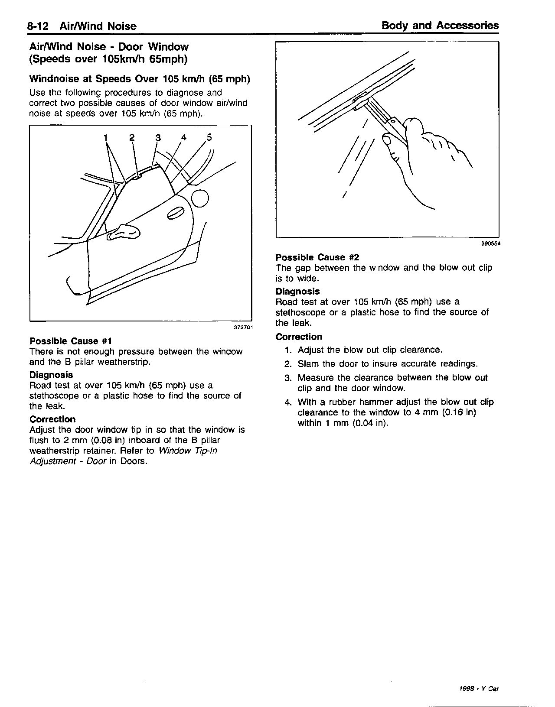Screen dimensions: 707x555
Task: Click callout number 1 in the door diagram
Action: coord(105,138)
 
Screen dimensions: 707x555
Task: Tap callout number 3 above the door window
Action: coord(158,138)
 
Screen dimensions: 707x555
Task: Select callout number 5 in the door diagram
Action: coord(209,137)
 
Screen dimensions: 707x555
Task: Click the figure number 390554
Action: coord(490,244)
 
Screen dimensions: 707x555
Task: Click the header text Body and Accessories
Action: coord(440,26)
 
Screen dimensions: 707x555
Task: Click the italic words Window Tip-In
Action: coord(188,451)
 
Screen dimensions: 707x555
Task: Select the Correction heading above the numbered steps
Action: coord(299,337)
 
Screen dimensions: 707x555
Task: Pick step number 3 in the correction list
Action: coord(288,378)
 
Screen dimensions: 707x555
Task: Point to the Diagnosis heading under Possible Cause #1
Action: coord(51,375)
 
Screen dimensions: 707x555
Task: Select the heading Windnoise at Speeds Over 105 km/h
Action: coord(140,79)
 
